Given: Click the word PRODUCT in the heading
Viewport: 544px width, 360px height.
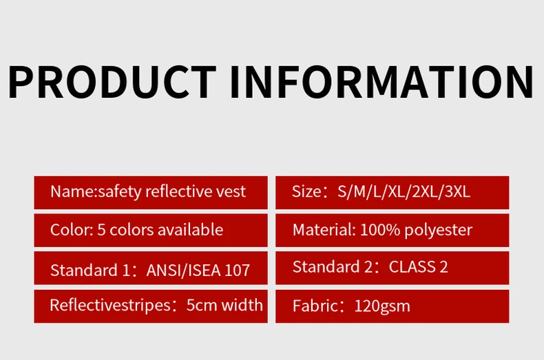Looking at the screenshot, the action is coord(112,82).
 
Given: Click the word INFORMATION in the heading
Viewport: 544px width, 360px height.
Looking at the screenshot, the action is coord(382,82).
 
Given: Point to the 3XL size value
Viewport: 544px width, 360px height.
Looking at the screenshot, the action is coord(457,191).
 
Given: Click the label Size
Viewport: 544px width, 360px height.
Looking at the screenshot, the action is coord(306,191).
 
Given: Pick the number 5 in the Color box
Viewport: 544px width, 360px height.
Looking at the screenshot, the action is coord(101,230).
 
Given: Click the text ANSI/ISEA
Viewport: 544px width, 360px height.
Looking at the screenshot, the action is coord(184,271).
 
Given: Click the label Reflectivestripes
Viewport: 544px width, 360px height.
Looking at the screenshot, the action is coord(110,306).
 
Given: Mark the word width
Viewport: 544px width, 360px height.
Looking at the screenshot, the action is coord(242,305).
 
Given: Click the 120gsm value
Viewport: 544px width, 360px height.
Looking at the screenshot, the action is coord(382,306).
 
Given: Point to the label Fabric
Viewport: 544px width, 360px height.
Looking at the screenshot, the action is coord(315,306).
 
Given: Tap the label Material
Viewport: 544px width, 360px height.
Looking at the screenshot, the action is coord(324,230).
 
